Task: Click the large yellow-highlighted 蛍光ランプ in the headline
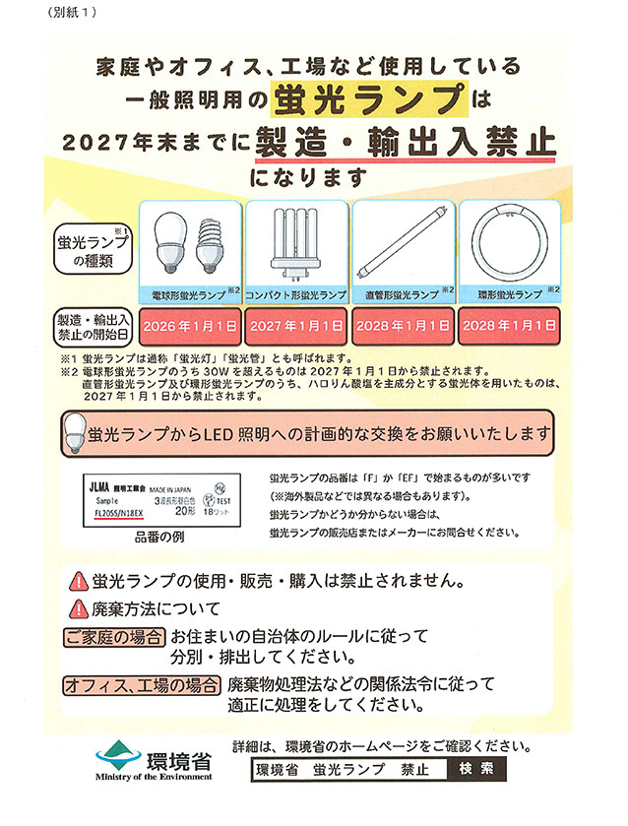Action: coord(369,100)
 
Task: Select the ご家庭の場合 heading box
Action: coord(115,637)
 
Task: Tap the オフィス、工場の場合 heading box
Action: coord(142,684)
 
